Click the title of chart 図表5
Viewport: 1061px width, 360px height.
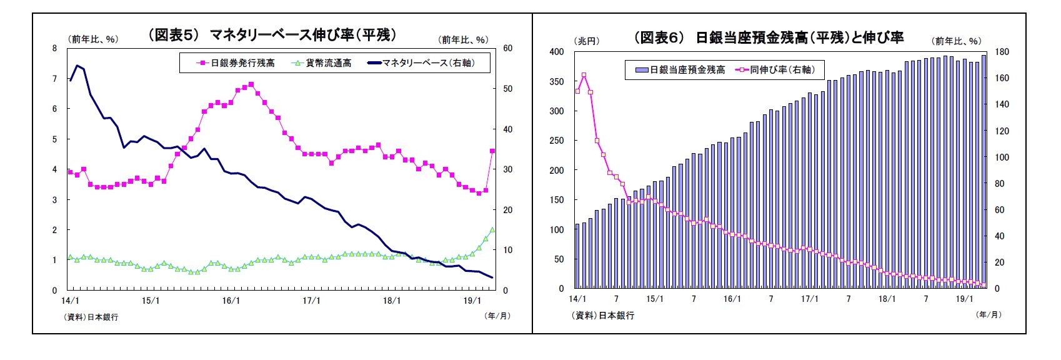click(x=272, y=35)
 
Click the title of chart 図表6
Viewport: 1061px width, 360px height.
click(x=769, y=37)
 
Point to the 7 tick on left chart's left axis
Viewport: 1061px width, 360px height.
click(x=54, y=79)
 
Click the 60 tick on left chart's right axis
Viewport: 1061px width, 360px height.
click(x=507, y=48)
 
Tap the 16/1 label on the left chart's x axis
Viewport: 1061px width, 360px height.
click(x=231, y=301)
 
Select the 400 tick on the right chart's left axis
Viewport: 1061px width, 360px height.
click(x=556, y=52)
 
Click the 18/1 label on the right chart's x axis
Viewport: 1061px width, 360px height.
click(x=887, y=299)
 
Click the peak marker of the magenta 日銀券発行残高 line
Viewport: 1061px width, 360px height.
click(x=251, y=84)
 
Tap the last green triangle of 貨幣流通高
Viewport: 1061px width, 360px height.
click(x=492, y=230)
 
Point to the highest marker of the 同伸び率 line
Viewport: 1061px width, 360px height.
click(x=584, y=75)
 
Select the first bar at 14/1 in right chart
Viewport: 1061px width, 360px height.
click(x=577, y=256)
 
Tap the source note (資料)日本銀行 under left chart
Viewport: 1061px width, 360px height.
click(x=91, y=317)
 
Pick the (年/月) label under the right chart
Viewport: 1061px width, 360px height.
click(x=988, y=315)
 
